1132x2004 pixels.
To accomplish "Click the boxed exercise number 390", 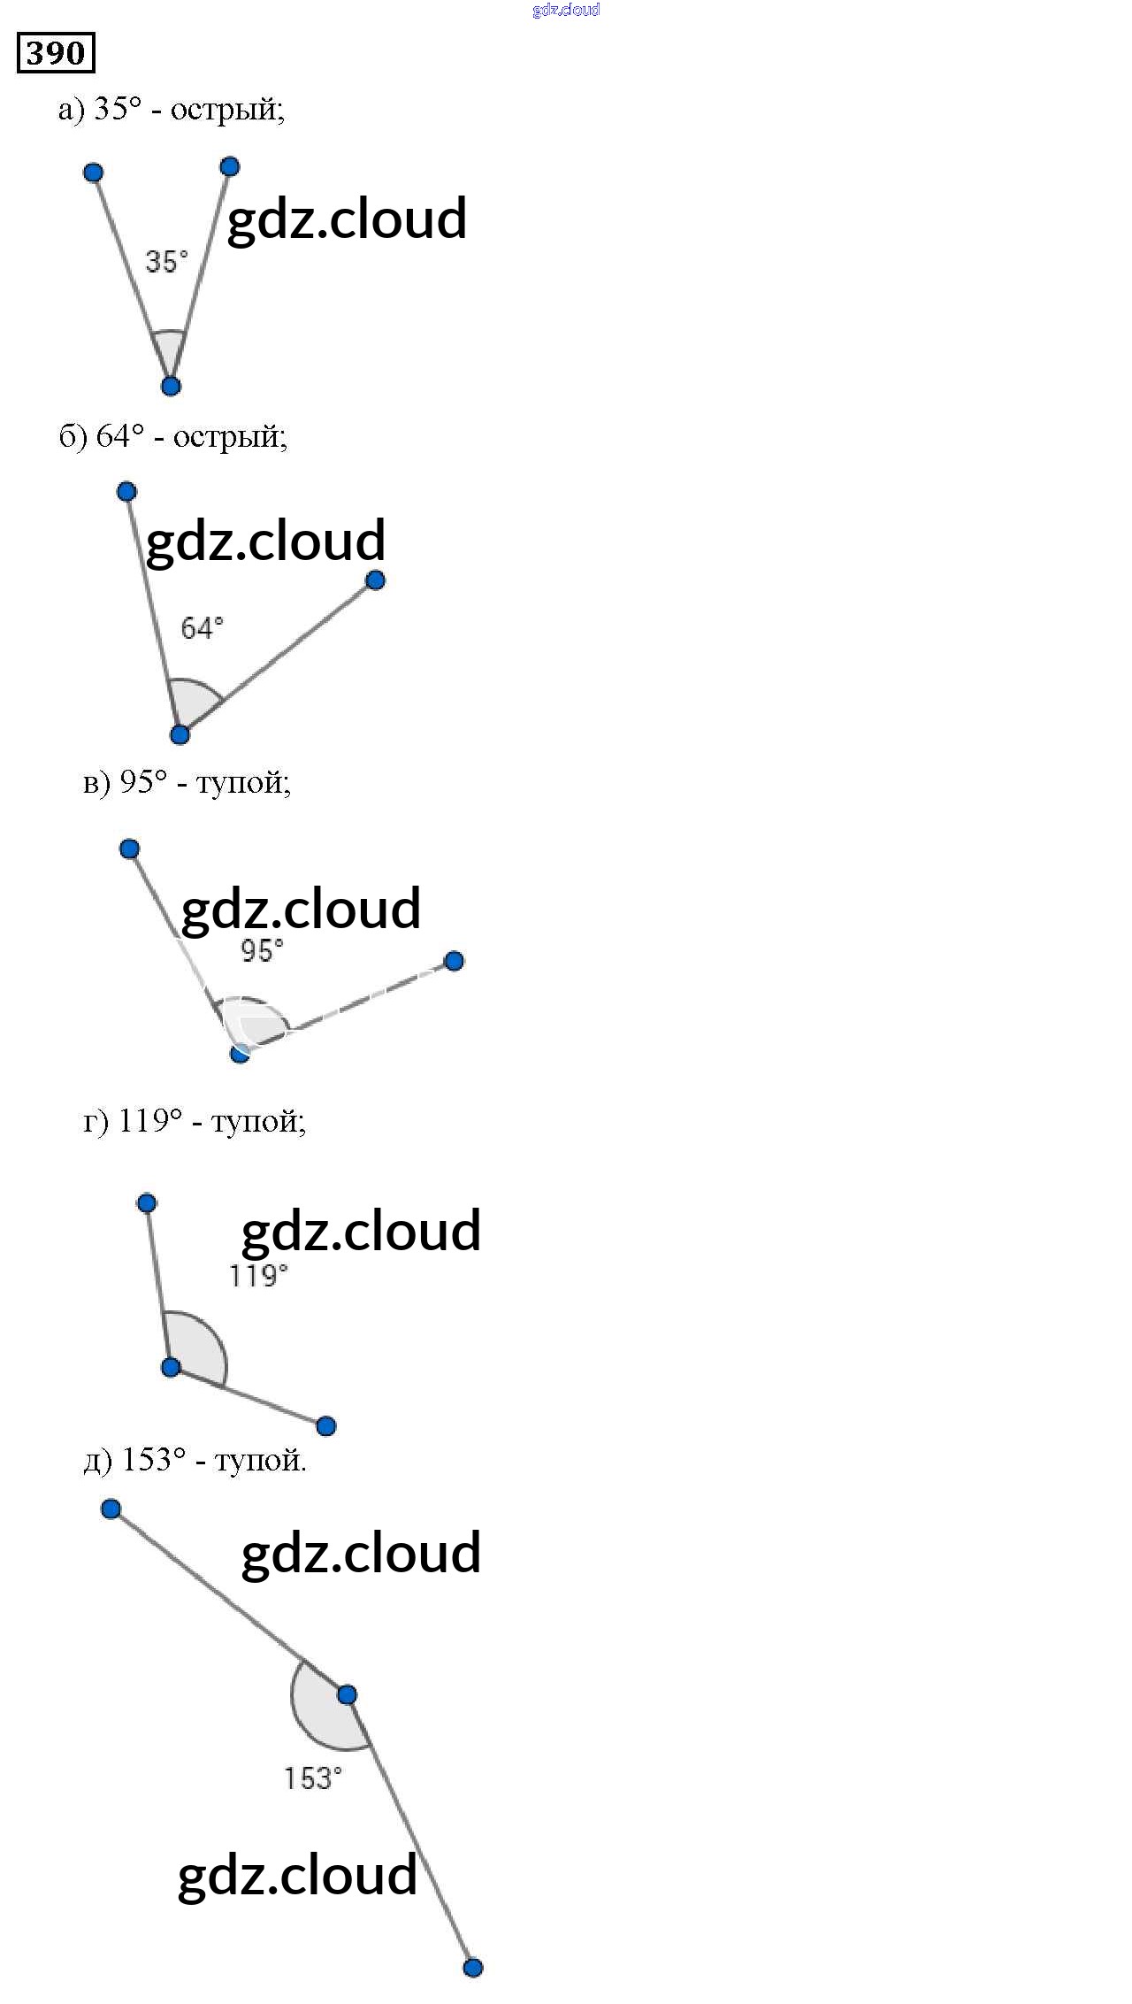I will click(56, 53).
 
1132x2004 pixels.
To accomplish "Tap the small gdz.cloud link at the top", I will click(566, 10).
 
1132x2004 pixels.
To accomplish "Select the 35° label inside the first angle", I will click(166, 262).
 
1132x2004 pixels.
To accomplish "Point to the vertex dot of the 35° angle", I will click(172, 386).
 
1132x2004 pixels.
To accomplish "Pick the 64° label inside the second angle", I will click(202, 628).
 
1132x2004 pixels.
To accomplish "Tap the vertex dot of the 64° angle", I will click(180, 734).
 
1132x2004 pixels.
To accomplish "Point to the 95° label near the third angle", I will click(262, 951).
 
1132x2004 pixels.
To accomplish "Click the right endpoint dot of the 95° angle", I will click(454, 961).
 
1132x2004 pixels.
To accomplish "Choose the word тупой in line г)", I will click(256, 1122).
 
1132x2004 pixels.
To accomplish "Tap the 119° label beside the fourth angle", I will click(258, 1276).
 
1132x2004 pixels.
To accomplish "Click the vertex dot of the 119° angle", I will click(172, 1368).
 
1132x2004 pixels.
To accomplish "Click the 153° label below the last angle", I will click(312, 1778).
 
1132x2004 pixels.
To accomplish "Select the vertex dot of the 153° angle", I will click(347, 1694).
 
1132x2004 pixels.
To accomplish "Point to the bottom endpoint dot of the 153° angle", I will click(473, 1968).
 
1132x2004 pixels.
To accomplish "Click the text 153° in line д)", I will click(154, 1460).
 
